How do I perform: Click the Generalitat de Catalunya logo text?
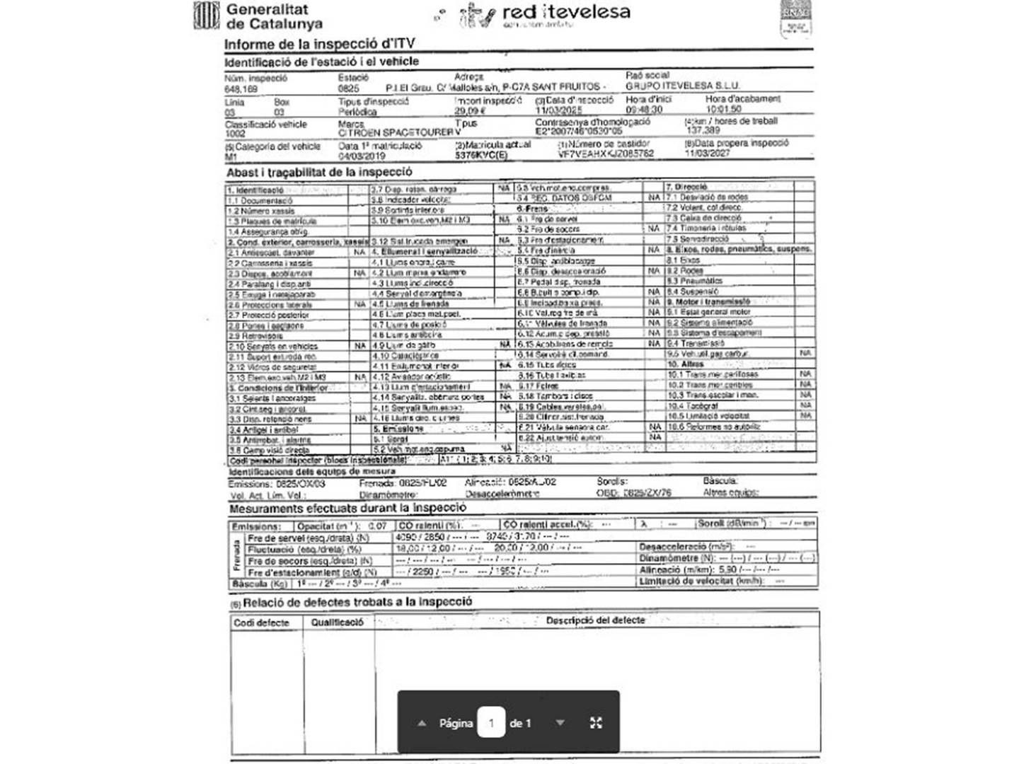tap(273, 16)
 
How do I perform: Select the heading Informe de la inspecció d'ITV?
tap(319, 44)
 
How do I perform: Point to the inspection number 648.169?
tap(241, 90)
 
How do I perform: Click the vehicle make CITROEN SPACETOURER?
tap(396, 132)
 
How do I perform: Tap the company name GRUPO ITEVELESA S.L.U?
tap(682, 86)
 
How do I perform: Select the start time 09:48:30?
tap(644, 110)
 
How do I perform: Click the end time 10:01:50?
tap(723, 110)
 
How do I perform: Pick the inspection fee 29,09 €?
tap(470, 111)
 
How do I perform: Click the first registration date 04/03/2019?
tap(362, 156)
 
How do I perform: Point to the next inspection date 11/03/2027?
tap(707, 153)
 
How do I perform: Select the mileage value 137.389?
tap(703, 130)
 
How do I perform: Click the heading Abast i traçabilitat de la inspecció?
tap(319, 172)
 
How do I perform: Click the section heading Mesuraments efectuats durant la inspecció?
tap(347, 508)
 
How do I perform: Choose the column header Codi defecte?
tap(261, 623)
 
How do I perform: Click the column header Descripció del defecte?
tap(595, 620)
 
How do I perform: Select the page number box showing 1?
tap(491, 723)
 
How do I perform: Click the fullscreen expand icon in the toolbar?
tap(596, 723)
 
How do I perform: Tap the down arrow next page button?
tap(560, 723)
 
